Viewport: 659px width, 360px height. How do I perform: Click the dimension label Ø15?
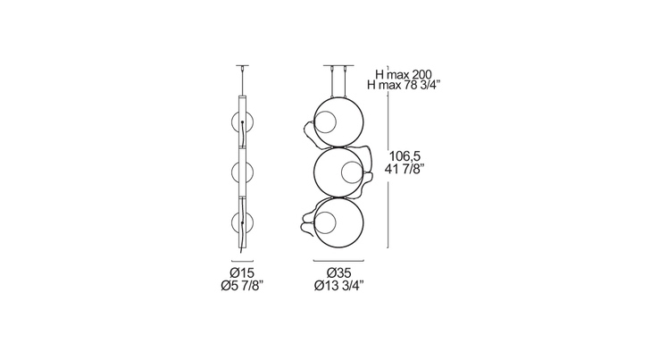(x=243, y=273)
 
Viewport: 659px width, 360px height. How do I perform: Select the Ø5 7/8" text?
(x=242, y=286)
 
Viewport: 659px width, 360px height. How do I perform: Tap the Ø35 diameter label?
(x=338, y=273)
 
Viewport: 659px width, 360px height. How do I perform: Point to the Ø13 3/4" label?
(x=338, y=286)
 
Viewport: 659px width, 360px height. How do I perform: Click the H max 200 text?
(x=404, y=75)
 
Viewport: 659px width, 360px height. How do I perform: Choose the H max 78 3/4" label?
(x=404, y=86)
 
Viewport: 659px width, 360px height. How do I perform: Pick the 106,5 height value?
(x=405, y=156)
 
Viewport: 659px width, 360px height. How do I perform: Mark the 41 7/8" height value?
(x=405, y=169)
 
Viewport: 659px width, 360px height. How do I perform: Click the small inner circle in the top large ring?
(x=326, y=122)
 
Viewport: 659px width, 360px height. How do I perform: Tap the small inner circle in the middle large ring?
(x=352, y=172)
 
